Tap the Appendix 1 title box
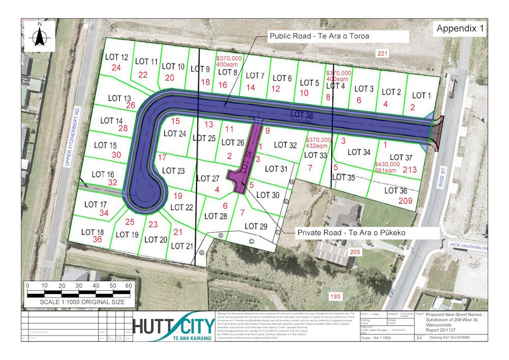pos(460,29)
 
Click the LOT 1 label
pos(421,95)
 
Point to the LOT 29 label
pos(256,226)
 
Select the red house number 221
pos(382,53)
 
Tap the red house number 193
pos(334,296)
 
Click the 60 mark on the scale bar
pos(129,285)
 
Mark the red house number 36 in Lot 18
pos(97,239)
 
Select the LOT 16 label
pos(103,174)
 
